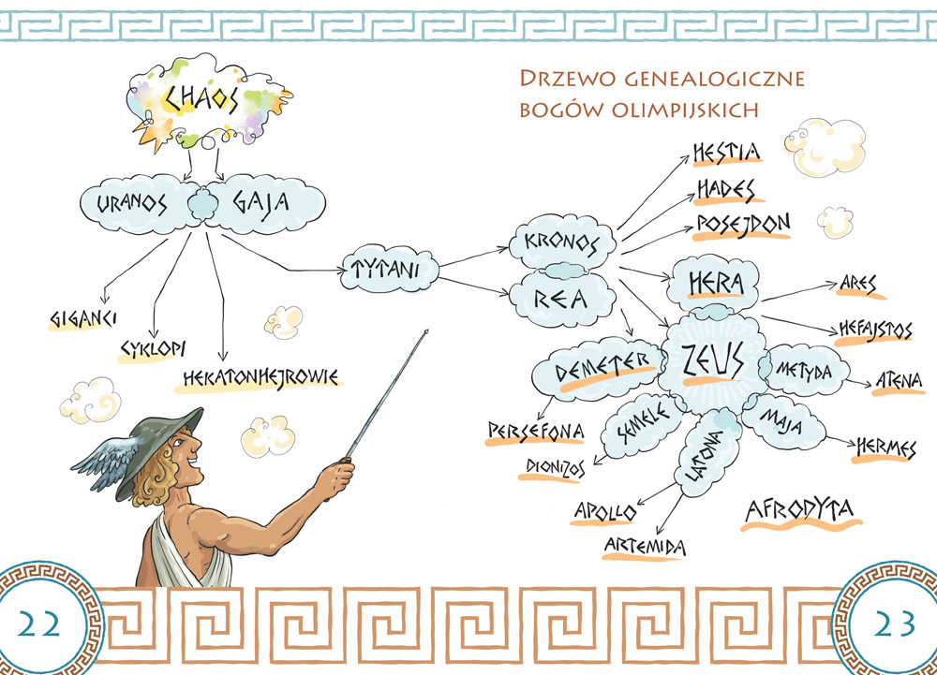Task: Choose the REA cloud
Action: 560,297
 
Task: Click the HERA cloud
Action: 716,281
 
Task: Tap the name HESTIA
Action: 726,151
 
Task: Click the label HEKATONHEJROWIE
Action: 259,376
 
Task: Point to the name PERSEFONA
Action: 535,430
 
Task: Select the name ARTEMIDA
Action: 646,546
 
